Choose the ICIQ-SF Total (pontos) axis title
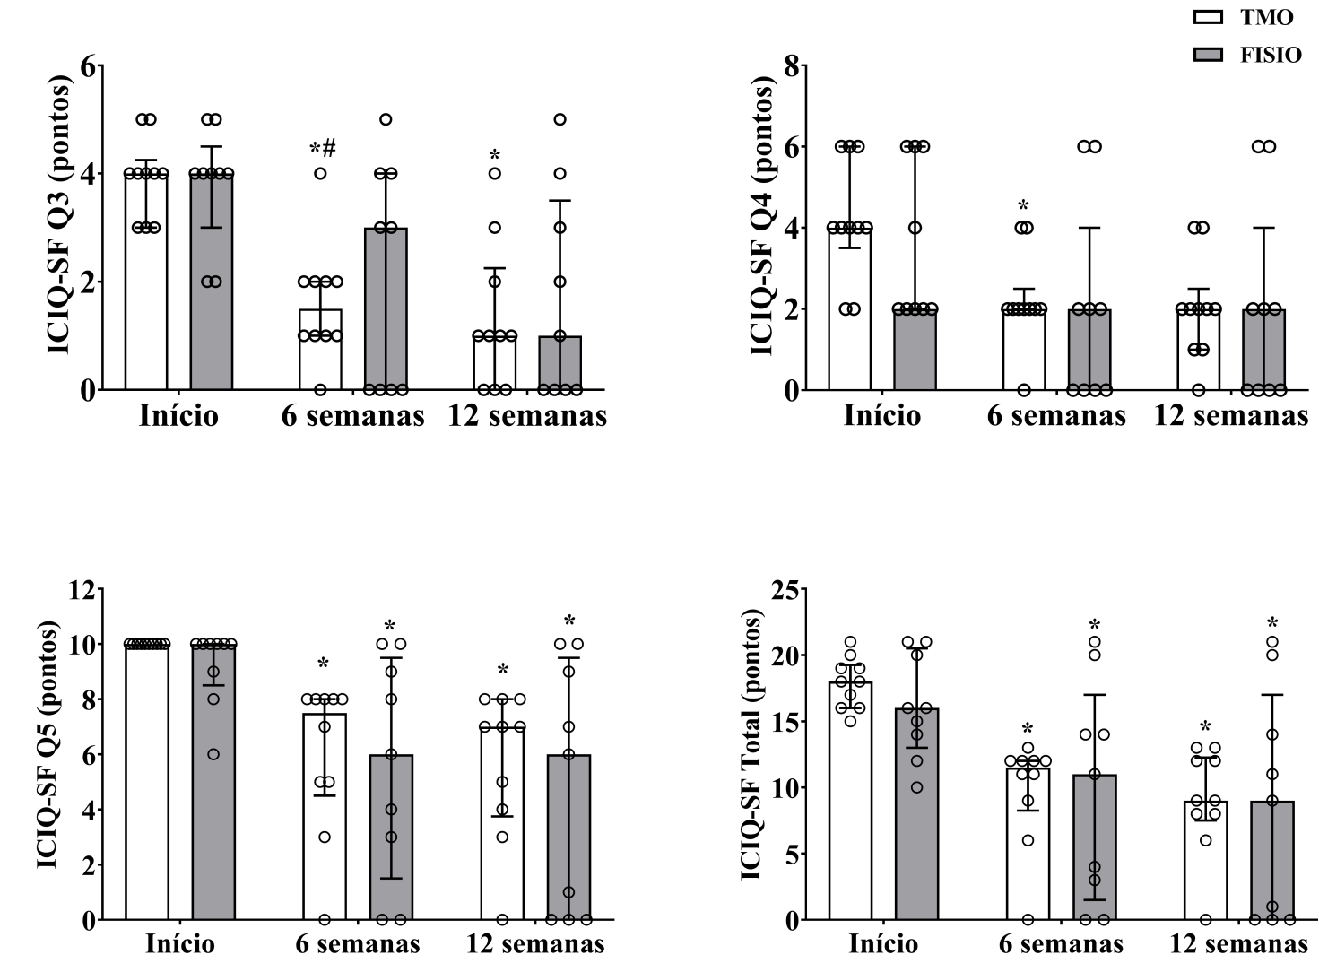[752, 744]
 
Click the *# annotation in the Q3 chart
[323, 149]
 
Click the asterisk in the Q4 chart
[1023, 206]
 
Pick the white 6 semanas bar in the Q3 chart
[320, 350]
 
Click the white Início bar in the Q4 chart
[849, 308]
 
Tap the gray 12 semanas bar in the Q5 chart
[568, 837]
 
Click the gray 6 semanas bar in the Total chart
[1095, 847]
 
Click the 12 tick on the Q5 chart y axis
[81, 590]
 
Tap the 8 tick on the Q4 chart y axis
[790, 66]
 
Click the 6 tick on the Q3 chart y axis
[87, 66]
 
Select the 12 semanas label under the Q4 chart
[1230, 416]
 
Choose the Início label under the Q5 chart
[180, 944]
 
